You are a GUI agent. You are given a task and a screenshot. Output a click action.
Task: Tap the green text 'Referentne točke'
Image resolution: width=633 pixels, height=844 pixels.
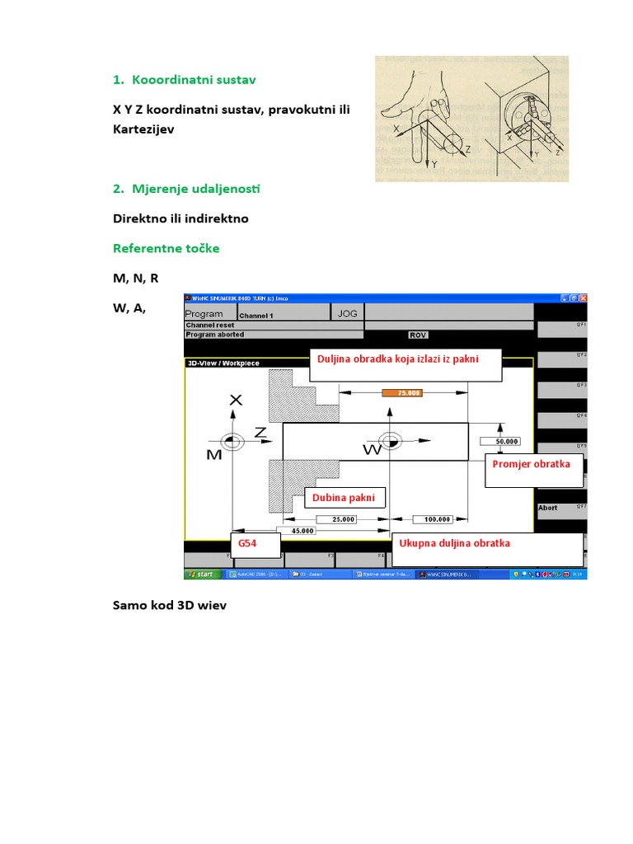[x=166, y=248]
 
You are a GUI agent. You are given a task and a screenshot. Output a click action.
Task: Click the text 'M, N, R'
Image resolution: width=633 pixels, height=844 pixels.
[x=135, y=279]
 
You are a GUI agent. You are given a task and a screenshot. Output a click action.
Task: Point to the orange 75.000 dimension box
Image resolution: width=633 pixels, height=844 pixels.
[x=402, y=393]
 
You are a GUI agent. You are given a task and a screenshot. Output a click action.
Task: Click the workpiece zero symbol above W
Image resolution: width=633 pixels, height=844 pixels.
[x=387, y=441]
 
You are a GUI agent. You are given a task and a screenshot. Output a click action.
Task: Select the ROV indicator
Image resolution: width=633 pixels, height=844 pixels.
[x=419, y=335]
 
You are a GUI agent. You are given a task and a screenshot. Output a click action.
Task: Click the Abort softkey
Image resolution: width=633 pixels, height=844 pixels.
[x=549, y=508]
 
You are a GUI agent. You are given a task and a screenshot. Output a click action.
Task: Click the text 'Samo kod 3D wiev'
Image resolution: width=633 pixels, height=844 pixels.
[x=169, y=605]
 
